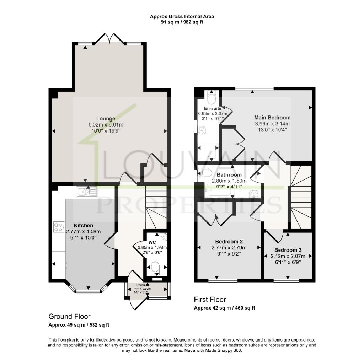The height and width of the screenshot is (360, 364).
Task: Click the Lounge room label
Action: [x=106, y=118]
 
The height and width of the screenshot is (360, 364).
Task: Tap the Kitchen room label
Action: [x=84, y=225]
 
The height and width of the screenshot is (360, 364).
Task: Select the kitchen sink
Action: [x=85, y=192]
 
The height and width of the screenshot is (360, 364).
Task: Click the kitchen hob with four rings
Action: [x=58, y=227]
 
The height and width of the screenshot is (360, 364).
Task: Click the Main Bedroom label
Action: [x=272, y=117]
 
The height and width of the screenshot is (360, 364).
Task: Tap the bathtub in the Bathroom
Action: [x=221, y=191]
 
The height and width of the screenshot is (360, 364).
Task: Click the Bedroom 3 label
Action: [x=288, y=250]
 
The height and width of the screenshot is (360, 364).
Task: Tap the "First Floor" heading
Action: [x=210, y=300]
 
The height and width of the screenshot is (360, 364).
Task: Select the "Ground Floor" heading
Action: [x=69, y=316]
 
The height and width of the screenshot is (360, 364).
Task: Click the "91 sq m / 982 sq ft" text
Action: [x=182, y=22]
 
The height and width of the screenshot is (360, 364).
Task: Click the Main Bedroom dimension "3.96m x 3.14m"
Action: [x=272, y=124]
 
